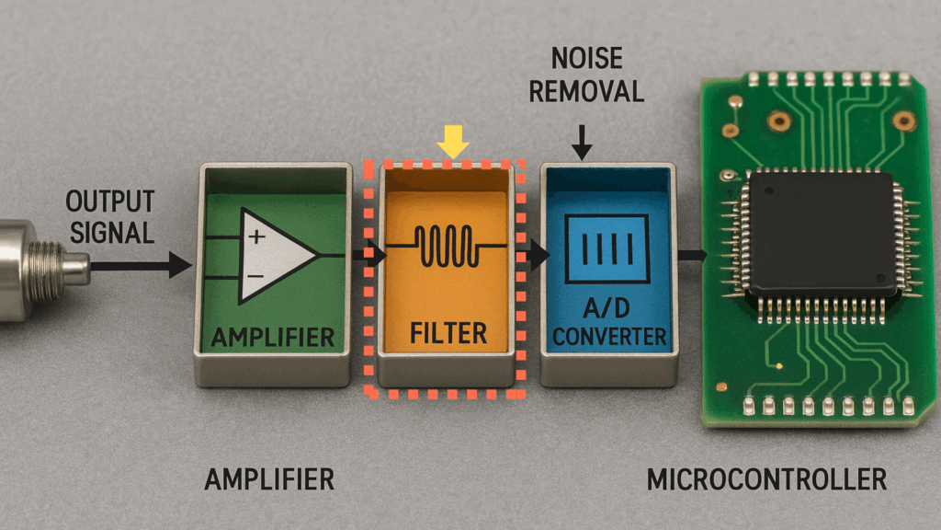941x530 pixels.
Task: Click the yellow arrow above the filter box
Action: click(453, 142)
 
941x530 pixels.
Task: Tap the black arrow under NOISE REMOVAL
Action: click(581, 143)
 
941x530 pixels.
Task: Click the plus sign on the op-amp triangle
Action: click(257, 236)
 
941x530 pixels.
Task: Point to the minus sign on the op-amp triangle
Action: click(255, 276)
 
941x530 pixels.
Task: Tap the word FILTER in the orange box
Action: click(448, 333)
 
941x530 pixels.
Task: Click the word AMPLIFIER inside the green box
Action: click(272, 337)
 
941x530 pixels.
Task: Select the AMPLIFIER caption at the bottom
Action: click(269, 479)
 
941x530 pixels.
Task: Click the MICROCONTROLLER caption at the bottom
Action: click(766, 479)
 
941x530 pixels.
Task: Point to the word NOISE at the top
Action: click(587, 59)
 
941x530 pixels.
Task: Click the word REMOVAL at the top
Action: click(586, 92)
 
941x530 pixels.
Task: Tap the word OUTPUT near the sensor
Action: click(110, 202)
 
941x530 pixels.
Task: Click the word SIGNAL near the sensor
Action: click(112, 233)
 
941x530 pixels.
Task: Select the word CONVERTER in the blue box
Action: click(609, 337)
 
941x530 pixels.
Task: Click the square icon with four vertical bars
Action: click(608, 248)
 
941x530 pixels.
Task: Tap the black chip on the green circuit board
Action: click(822, 233)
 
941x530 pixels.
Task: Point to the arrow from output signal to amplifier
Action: click(142, 265)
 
